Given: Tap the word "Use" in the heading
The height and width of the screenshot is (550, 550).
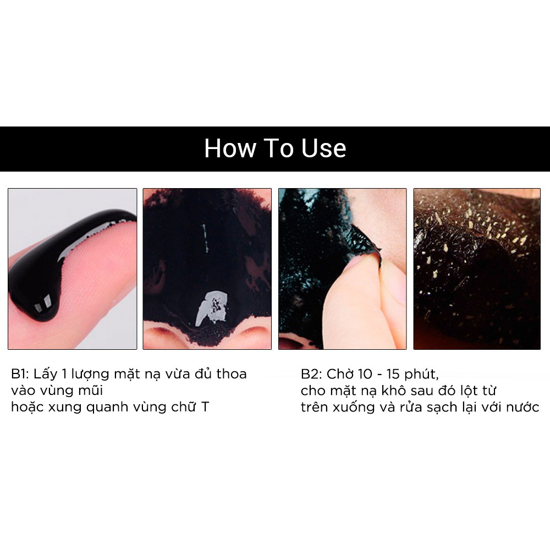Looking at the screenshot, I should pyautogui.click(x=323, y=148).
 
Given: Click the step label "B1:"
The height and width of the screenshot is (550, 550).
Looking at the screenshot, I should pyautogui.click(x=20, y=374).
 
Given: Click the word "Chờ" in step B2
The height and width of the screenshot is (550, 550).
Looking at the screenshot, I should pyautogui.click(x=338, y=374).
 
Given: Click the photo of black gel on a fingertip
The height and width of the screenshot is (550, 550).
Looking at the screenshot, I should pyautogui.click(x=72, y=268).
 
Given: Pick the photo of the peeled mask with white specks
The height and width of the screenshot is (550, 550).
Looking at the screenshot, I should pyautogui.click(x=477, y=268).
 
